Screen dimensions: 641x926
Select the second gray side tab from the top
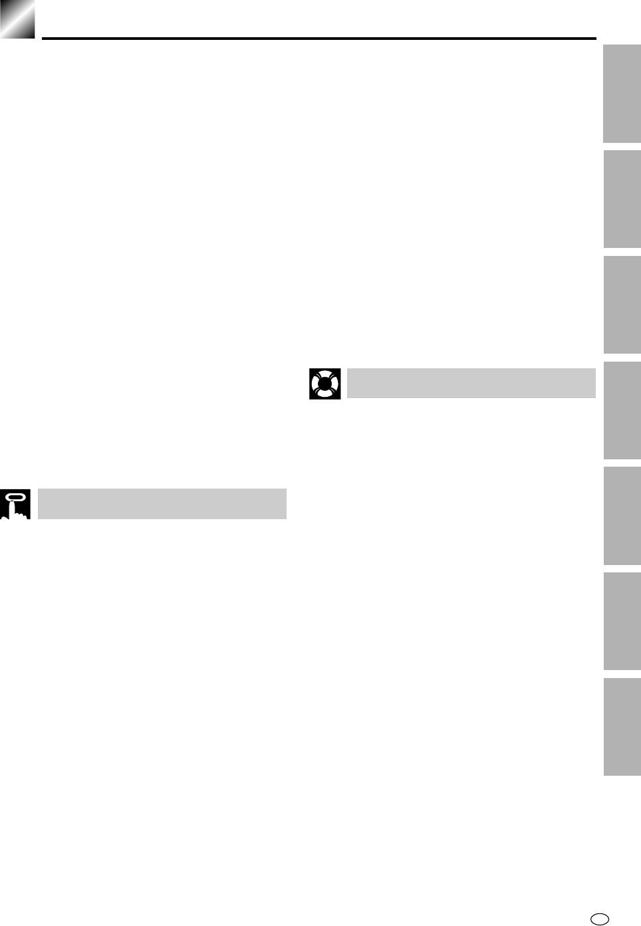tap(622, 199)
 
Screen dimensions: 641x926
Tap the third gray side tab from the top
tap(622, 304)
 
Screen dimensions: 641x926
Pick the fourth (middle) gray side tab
tap(622, 410)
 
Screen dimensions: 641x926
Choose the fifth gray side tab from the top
tap(622, 516)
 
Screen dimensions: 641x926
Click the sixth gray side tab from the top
tap(622, 621)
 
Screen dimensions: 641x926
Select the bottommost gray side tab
tap(622, 726)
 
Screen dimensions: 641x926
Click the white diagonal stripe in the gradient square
tap(17, 19)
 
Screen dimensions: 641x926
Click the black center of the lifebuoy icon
tap(324, 384)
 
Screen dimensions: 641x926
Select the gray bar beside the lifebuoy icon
tap(471, 383)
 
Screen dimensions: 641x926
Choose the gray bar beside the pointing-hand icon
tap(162, 504)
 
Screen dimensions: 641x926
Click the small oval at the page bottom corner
tap(600, 918)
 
